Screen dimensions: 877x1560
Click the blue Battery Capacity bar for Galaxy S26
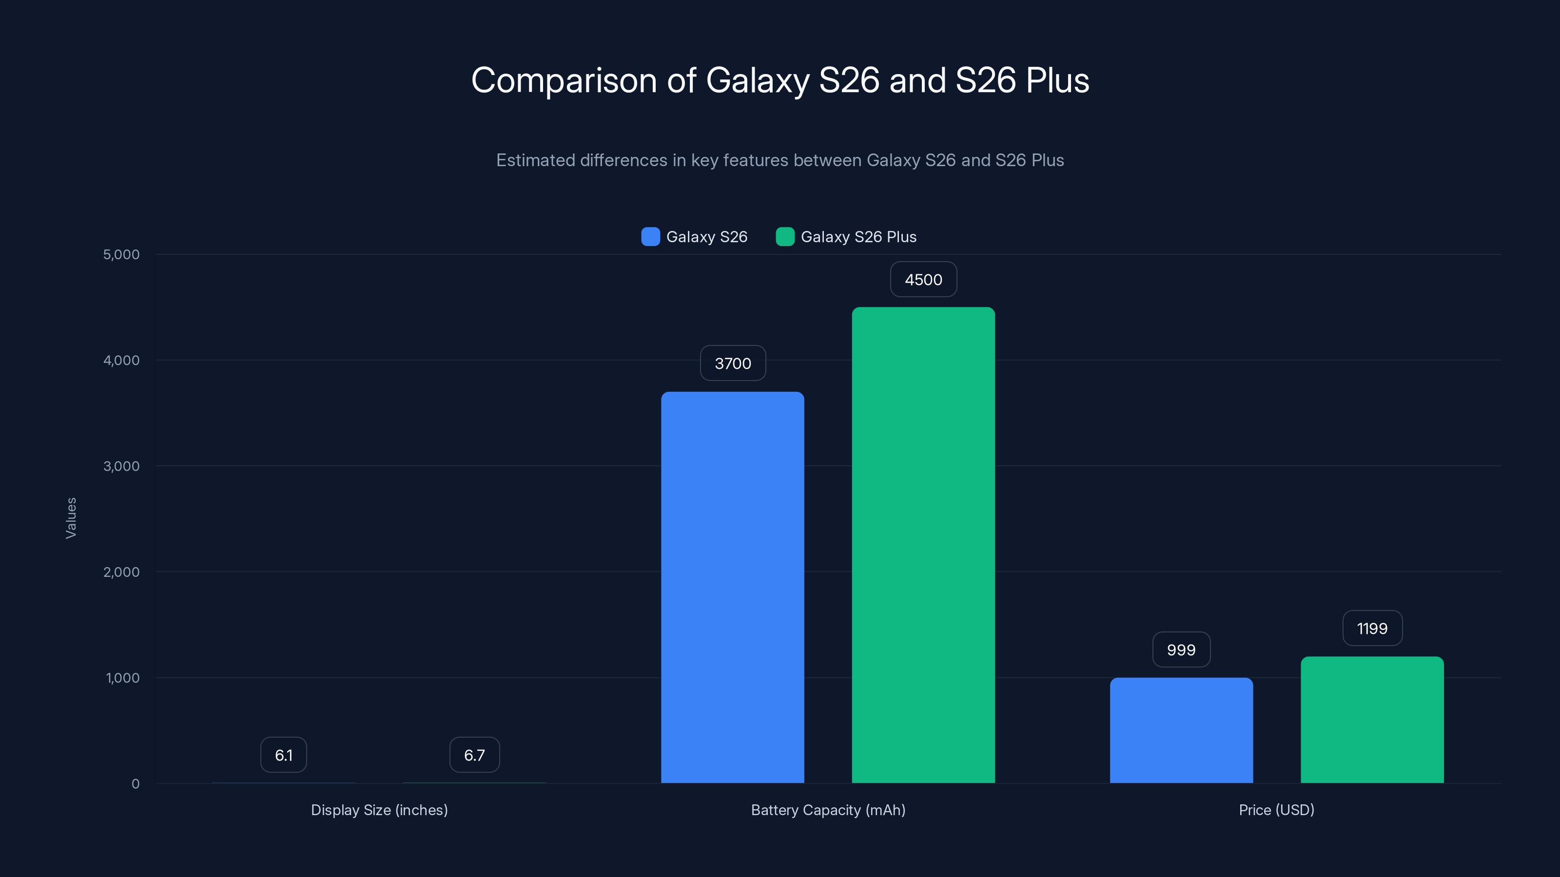coord(732,587)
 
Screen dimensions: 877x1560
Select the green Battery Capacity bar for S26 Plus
coord(923,545)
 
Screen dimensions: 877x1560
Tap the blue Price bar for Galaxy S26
coord(1181,730)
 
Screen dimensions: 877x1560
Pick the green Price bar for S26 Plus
coord(1372,720)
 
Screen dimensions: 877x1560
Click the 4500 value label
coord(923,280)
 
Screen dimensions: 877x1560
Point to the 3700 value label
coord(733,363)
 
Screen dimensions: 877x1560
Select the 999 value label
coord(1181,649)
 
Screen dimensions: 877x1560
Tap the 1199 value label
coord(1372,628)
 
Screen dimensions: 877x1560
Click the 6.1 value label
coord(283,755)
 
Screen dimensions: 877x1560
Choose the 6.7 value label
coord(474,755)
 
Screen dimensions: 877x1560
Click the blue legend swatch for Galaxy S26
coord(650,237)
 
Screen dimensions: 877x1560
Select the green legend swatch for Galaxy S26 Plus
coord(785,237)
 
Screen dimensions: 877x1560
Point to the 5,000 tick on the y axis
coord(121,254)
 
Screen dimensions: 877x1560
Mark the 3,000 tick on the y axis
coord(121,466)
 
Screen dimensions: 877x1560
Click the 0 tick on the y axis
coord(135,784)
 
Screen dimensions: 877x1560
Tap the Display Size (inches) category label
coord(379,810)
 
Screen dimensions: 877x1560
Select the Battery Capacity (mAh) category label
coord(828,810)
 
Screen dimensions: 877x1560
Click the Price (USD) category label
coord(1276,810)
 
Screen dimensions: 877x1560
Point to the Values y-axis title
coord(71,518)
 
